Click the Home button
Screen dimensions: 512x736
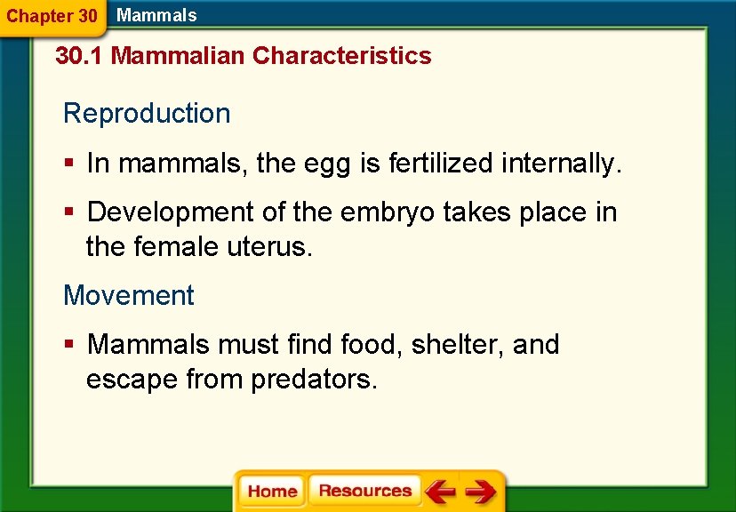click(272, 492)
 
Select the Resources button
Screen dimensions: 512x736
click(364, 491)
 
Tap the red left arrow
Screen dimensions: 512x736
click(439, 492)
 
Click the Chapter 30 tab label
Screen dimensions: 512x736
click(52, 16)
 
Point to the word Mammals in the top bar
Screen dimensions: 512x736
click(156, 15)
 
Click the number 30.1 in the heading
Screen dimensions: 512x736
click(79, 56)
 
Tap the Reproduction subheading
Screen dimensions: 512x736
click(147, 114)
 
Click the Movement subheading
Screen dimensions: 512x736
click(128, 295)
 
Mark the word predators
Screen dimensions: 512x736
click(315, 380)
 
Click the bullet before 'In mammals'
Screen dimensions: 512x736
click(69, 164)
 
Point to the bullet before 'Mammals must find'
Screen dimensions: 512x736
click(69, 345)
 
